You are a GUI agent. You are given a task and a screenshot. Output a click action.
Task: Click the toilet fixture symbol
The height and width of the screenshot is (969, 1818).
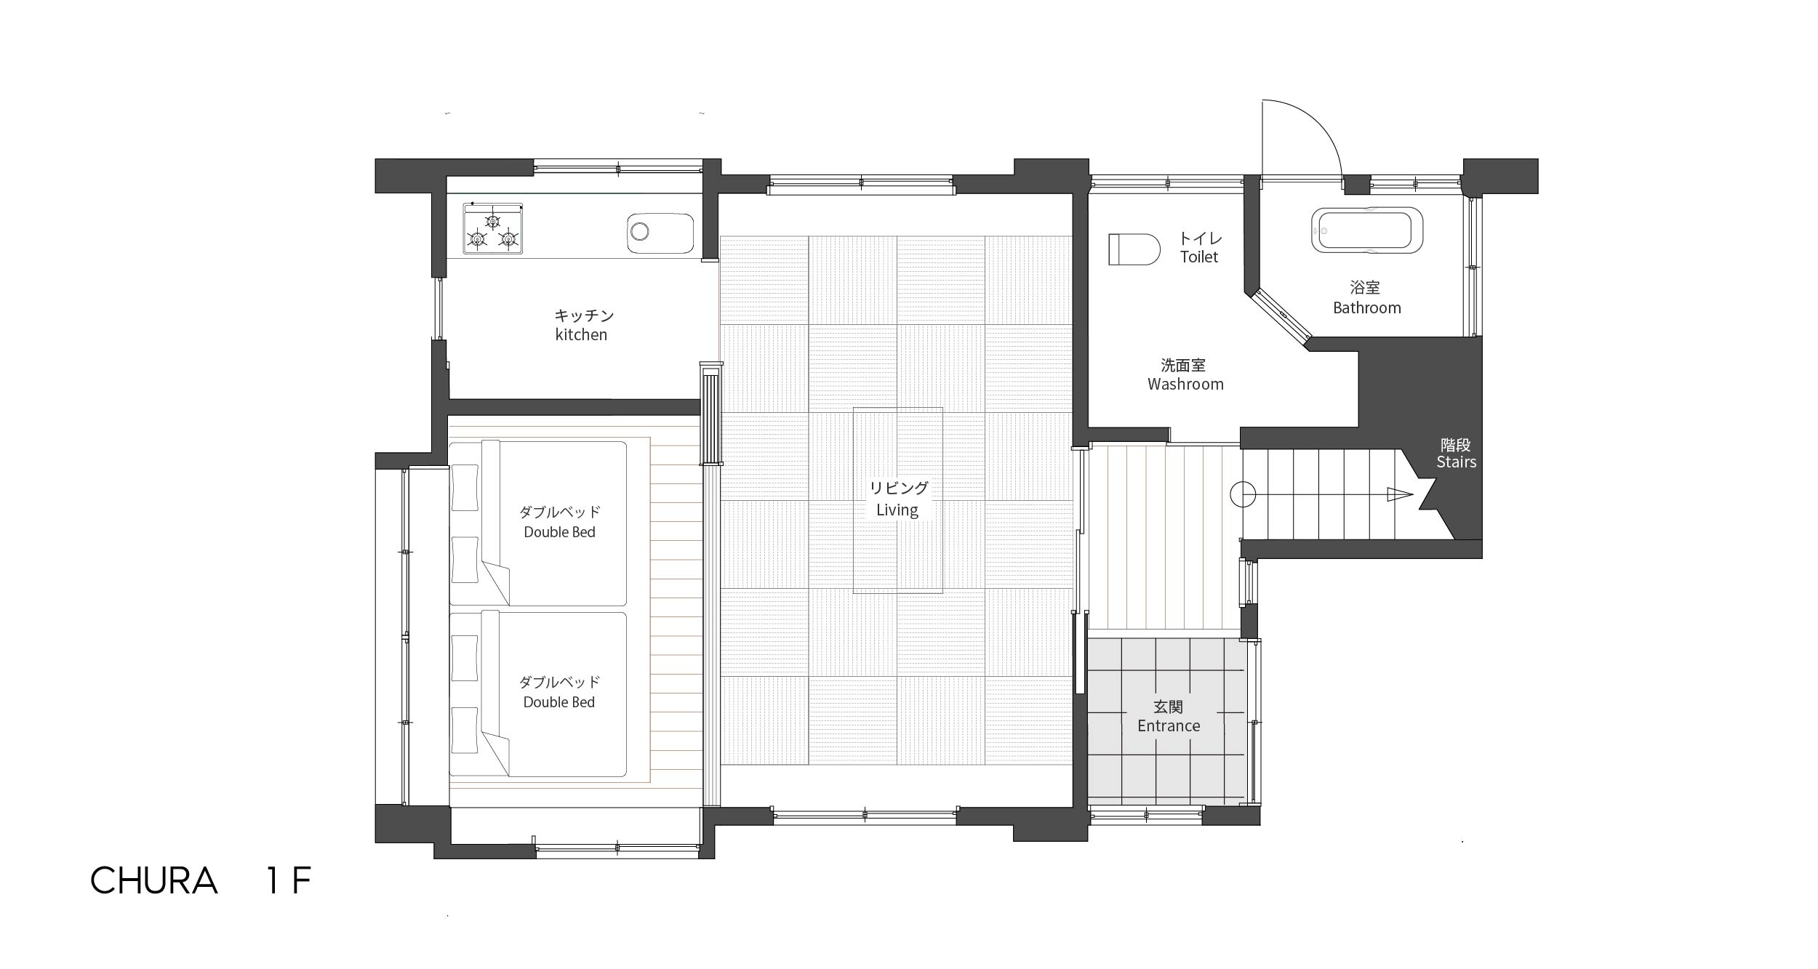click(1134, 249)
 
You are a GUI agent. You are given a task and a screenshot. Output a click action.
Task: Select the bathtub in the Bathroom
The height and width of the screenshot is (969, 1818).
click(1367, 230)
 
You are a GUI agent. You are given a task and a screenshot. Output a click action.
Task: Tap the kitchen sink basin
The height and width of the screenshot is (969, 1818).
click(660, 233)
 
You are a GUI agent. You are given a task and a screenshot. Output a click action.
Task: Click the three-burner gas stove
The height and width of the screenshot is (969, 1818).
click(493, 228)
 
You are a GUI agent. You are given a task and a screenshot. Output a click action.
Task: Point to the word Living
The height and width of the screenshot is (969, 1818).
click(897, 510)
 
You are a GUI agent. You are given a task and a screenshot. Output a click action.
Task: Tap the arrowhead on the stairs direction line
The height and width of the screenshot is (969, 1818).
click(1400, 494)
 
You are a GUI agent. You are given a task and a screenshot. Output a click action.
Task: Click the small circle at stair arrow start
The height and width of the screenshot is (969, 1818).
click(1243, 494)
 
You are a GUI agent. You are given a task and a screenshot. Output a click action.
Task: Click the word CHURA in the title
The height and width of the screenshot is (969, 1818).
click(154, 881)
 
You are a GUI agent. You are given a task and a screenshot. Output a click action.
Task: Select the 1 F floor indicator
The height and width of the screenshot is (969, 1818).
click(289, 881)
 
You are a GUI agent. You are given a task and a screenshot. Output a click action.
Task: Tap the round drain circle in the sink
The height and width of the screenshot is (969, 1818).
click(639, 232)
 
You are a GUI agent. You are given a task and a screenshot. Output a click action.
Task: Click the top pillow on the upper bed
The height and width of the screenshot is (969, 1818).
click(465, 487)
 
